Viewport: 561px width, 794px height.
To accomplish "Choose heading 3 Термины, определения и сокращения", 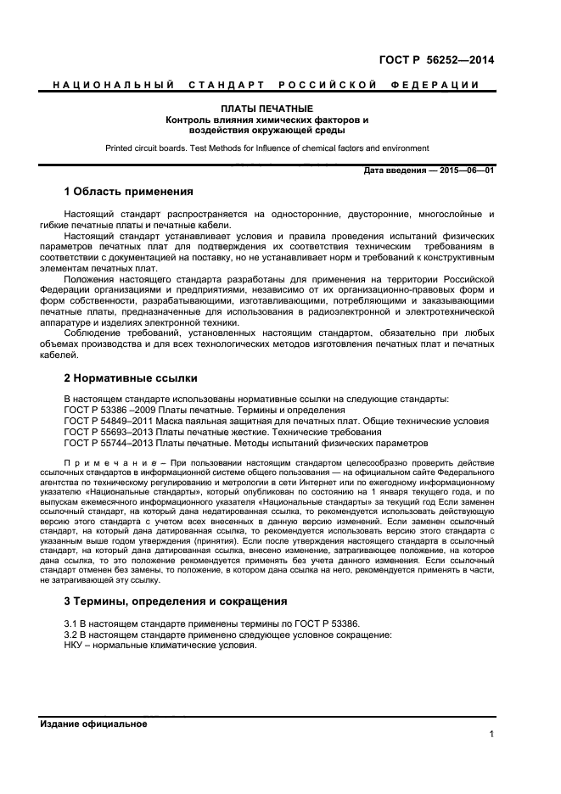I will tap(176, 601).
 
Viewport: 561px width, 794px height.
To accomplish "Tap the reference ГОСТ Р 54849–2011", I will tap(104, 421).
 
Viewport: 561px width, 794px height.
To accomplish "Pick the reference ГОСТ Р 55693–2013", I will tap(104, 432).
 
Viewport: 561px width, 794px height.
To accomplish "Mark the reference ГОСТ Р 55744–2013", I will tap(104, 443).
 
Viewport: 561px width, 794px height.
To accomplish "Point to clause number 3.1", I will tap(72, 623).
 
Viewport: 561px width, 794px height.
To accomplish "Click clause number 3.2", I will tap(72, 635).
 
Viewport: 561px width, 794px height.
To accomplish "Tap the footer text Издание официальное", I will tap(94, 724).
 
